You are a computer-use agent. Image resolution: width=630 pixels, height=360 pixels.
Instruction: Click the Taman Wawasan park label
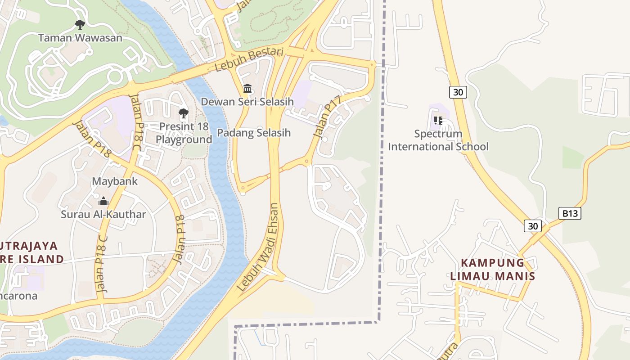pos(80,38)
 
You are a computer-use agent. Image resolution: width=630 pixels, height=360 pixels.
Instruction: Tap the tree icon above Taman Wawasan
pos(80,24)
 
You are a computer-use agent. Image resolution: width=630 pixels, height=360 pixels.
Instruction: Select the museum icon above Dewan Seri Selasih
pos(247,88)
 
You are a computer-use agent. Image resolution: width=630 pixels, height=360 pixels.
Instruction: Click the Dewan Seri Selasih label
pos(247,102)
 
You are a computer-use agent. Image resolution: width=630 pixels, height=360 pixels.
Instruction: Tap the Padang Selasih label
pos(254,133)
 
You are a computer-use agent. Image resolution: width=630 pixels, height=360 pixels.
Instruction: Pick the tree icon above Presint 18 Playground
pos(184,113)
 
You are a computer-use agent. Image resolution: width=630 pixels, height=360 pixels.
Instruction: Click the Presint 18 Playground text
pos(184,133)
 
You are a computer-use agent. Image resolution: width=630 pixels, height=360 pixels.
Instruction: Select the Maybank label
pos(115,182)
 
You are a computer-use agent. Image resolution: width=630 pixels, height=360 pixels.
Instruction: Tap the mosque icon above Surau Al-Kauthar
pos(103,201)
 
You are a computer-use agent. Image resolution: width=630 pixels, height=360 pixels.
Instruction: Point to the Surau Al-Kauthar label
pos(103,214)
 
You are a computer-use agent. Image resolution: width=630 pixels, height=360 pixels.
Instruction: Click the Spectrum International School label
pos(438,140)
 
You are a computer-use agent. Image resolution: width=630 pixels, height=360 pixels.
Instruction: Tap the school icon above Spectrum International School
pos(438,120)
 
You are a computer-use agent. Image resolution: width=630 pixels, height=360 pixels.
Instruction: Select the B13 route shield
pos(569,213)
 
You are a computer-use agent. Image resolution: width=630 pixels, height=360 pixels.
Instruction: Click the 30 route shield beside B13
pos(532,226)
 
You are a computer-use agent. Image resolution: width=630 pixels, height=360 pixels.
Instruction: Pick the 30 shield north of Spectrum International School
pos(458,92)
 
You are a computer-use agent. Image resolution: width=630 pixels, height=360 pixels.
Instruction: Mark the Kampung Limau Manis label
pos(493,269)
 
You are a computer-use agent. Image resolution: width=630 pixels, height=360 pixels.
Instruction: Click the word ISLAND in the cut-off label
pos(39,259)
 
